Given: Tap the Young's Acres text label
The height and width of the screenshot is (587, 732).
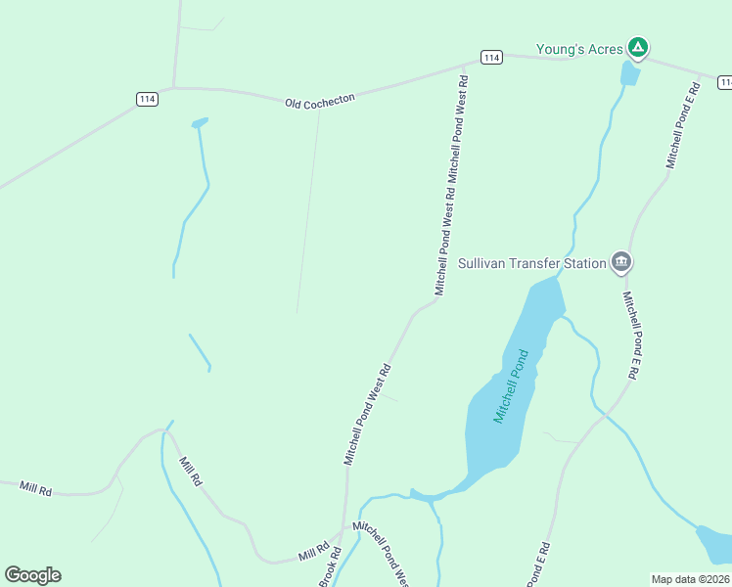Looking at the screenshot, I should (579, 49).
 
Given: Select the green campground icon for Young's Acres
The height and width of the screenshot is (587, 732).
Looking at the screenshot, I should (638, 46).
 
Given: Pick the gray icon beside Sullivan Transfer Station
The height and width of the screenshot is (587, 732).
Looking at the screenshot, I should (620, 262).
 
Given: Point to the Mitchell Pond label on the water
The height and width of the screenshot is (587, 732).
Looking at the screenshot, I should (517, 386).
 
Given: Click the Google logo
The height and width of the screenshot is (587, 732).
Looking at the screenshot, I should (32, 575).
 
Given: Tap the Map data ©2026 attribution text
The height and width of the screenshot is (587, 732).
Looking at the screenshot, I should (691, 579).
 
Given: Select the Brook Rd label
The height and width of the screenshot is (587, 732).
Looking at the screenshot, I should (330, 572).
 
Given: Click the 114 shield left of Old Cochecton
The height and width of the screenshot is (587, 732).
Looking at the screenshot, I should (147, 99).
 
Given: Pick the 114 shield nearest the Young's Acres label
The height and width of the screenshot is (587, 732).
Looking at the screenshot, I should (491, 58).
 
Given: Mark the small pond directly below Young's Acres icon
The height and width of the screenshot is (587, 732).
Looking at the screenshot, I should (631, 73).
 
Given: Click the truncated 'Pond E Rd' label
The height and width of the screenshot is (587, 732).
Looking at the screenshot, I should (541, 564).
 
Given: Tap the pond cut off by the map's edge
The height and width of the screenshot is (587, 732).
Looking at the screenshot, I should (714, 544).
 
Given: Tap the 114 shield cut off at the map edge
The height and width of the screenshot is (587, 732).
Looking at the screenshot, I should (725, 83).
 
